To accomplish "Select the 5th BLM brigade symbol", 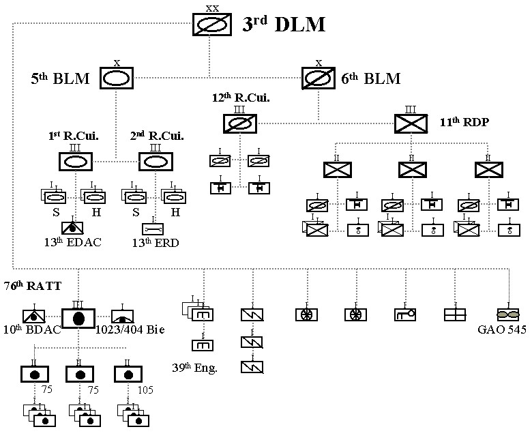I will point(117,78).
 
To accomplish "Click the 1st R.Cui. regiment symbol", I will point(76,162).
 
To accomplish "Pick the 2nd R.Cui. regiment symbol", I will point(156,162).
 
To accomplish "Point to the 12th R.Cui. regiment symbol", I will point(240,123).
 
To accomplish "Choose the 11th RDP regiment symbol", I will point(412,123).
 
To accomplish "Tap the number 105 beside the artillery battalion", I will point(145,390).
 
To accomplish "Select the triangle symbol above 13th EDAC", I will point(72,229).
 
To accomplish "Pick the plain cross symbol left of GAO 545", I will point(454,315).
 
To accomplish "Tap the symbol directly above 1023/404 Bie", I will point(123,316).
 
